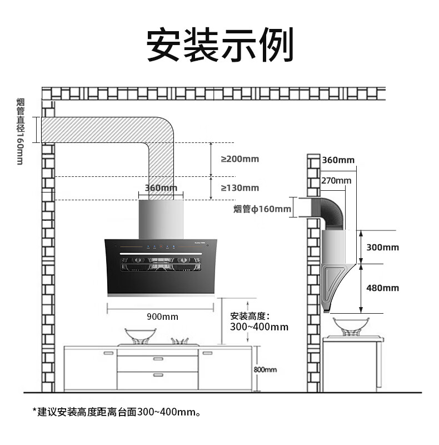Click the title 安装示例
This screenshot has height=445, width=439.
(x=220, y=44)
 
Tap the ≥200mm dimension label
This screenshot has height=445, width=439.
(x=240, y=159)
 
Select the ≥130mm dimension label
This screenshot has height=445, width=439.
(x=240, y=188)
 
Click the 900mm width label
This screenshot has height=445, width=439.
(x=162, y=317)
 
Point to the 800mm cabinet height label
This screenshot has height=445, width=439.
(x=265, y=369)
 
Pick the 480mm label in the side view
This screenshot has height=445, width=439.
(x=382, y=288)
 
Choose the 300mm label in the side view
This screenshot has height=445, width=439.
(x=382, y=248)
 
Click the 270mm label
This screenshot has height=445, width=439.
(x=336, y=180)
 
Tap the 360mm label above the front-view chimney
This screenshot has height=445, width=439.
(x=161, y=187)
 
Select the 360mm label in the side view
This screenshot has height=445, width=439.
(x=338, y=160)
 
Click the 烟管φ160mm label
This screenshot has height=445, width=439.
(x=262, y=209)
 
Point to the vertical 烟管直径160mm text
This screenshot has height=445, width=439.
(x=20, y=131)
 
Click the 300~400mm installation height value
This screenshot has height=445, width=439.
(x=259, y=327)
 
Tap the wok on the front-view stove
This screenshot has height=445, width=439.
(x=141, y=336)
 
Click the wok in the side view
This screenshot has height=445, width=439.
(x=351, y=327)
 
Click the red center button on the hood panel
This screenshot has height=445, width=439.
(x=161, y=246)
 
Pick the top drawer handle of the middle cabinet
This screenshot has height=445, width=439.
(x=158, y=359)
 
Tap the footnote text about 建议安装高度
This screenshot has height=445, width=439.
(x=117, y=412)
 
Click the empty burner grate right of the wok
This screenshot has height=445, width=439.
(x=179, y=341)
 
